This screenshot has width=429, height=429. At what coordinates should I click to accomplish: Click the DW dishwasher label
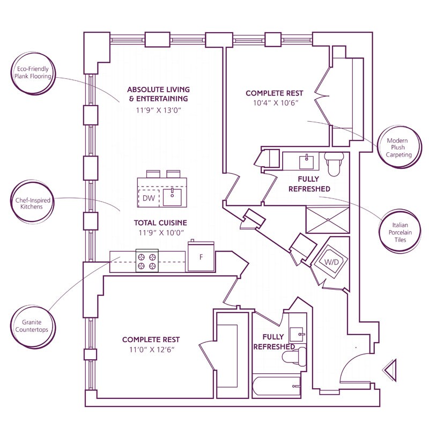coord(149,198)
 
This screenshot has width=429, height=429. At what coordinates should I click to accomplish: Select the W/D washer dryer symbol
coord(331,262)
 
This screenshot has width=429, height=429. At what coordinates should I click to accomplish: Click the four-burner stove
coord(147,261)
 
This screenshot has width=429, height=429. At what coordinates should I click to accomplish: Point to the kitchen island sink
coord(172,197)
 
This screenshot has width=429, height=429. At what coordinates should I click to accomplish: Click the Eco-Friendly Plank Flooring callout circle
coord(33,73)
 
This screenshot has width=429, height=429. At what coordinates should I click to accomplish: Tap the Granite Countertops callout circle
coord(33,326)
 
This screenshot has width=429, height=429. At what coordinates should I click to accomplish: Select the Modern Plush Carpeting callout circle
coord(399,147)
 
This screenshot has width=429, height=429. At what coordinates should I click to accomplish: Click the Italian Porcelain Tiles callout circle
coord(400,232)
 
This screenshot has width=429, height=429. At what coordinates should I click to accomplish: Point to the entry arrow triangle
coord(390,370)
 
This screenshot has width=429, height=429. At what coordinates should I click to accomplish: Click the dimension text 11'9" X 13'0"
coord(159,110)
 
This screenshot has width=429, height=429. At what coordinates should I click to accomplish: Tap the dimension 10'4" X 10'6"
coord(275,103)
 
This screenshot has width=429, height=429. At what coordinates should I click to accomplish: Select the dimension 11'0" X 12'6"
coord(152,350)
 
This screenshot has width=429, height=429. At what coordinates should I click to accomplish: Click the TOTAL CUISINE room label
coord(160,223)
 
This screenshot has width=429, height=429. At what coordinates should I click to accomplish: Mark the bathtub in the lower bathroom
coord(277,387)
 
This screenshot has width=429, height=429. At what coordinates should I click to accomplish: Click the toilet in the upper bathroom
coord(334,164)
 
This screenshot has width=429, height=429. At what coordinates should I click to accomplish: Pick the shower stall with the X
coord(328,220)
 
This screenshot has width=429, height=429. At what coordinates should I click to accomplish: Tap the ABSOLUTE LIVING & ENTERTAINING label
coord(158,94)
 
